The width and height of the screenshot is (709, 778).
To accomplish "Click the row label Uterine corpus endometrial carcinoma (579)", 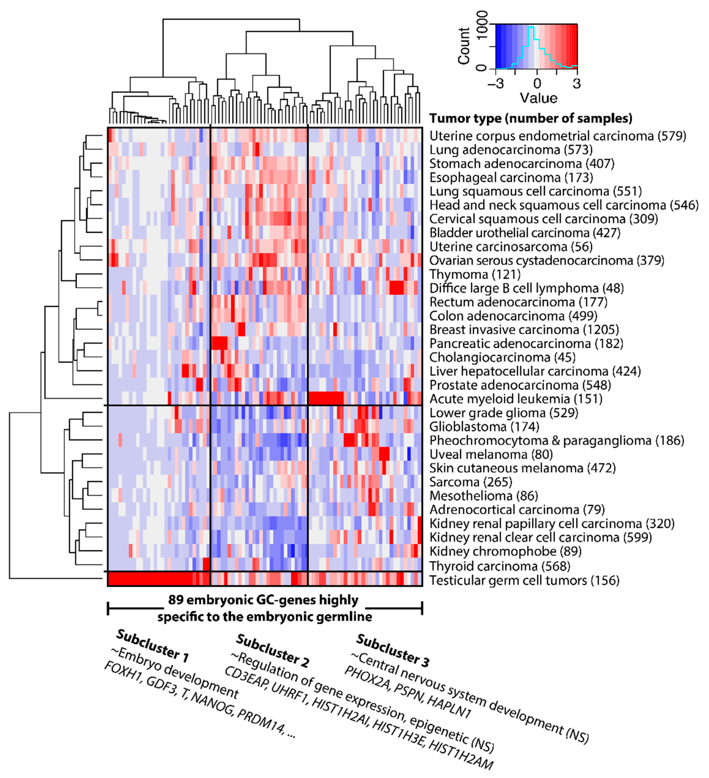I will (x=558, y=136).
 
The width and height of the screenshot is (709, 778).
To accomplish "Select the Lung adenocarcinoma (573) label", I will (x=511, y=150).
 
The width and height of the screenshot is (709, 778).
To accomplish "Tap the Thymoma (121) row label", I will (x=475, y=274).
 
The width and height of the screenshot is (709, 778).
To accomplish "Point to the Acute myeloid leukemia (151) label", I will (x=516, y=399).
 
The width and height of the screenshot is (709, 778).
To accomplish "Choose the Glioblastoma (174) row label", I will (x=484, y=426).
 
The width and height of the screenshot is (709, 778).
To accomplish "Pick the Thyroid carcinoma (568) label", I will (x=500, y=566).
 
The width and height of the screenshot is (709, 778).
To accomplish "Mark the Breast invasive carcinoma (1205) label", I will (x=524, y=330).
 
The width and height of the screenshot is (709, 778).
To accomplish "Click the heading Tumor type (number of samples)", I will (x=531, y=118).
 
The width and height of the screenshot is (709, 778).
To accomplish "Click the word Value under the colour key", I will (x=538, y=98).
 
